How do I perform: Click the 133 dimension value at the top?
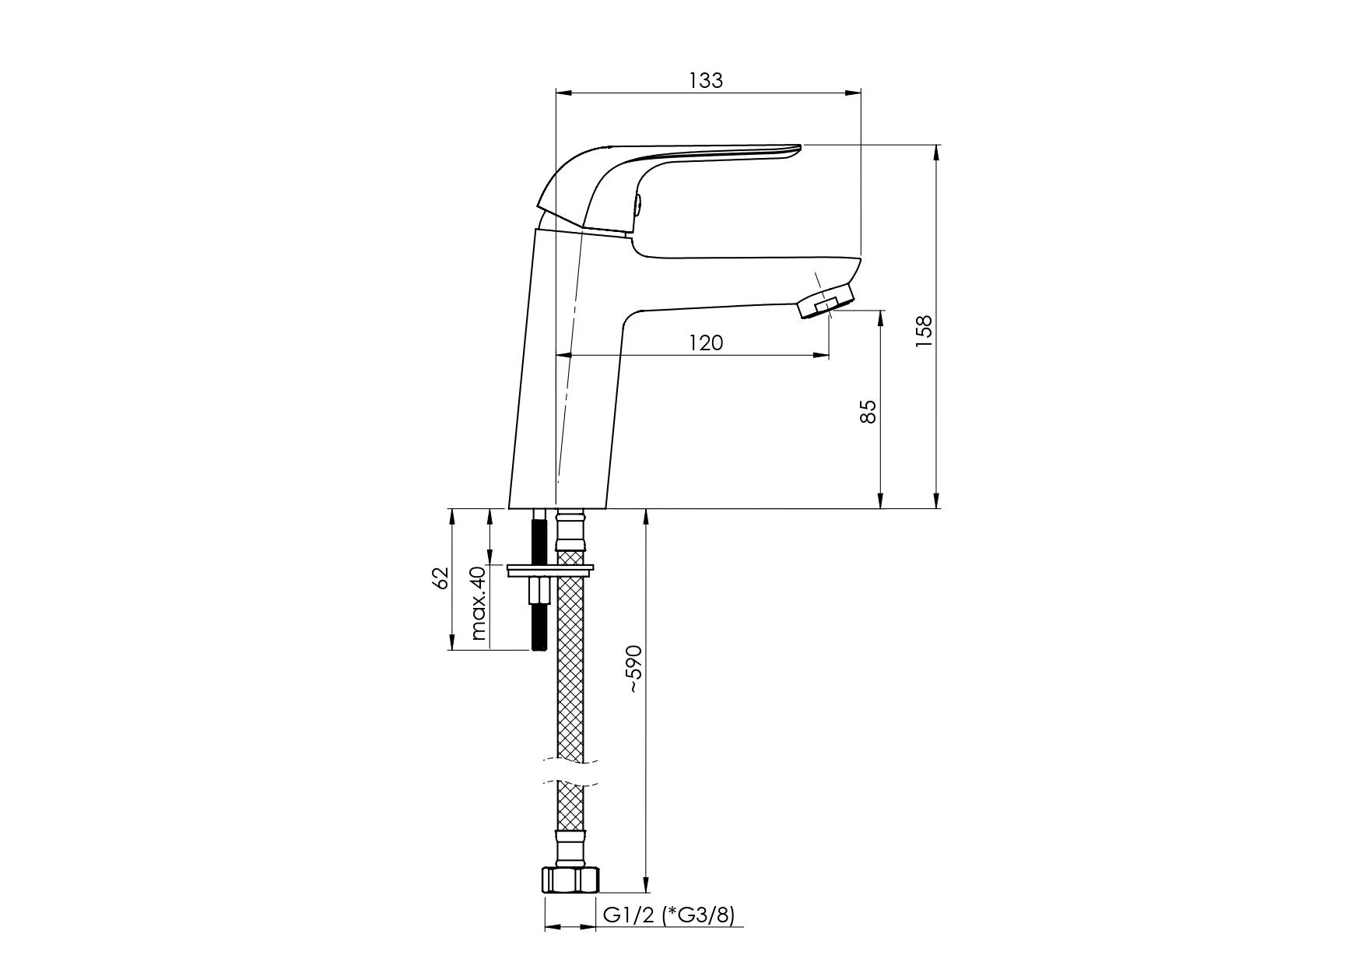pos(706,80)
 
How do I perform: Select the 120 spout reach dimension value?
pos(706,342)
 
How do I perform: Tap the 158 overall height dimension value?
pos(924,331)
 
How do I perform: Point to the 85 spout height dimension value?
pos(868,411)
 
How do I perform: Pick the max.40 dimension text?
pos(478,603)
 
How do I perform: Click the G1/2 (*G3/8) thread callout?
pos(668,915)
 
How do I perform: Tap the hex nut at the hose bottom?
pos(571,880)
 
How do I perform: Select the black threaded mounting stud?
pos(538,581)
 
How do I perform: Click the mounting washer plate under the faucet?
pos(550,571)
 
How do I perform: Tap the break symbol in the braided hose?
pos(570,771)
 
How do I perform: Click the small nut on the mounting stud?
pos(538,591)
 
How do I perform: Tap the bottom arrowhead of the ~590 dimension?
pos(646,884)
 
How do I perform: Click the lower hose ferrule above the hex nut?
pos(570,848)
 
